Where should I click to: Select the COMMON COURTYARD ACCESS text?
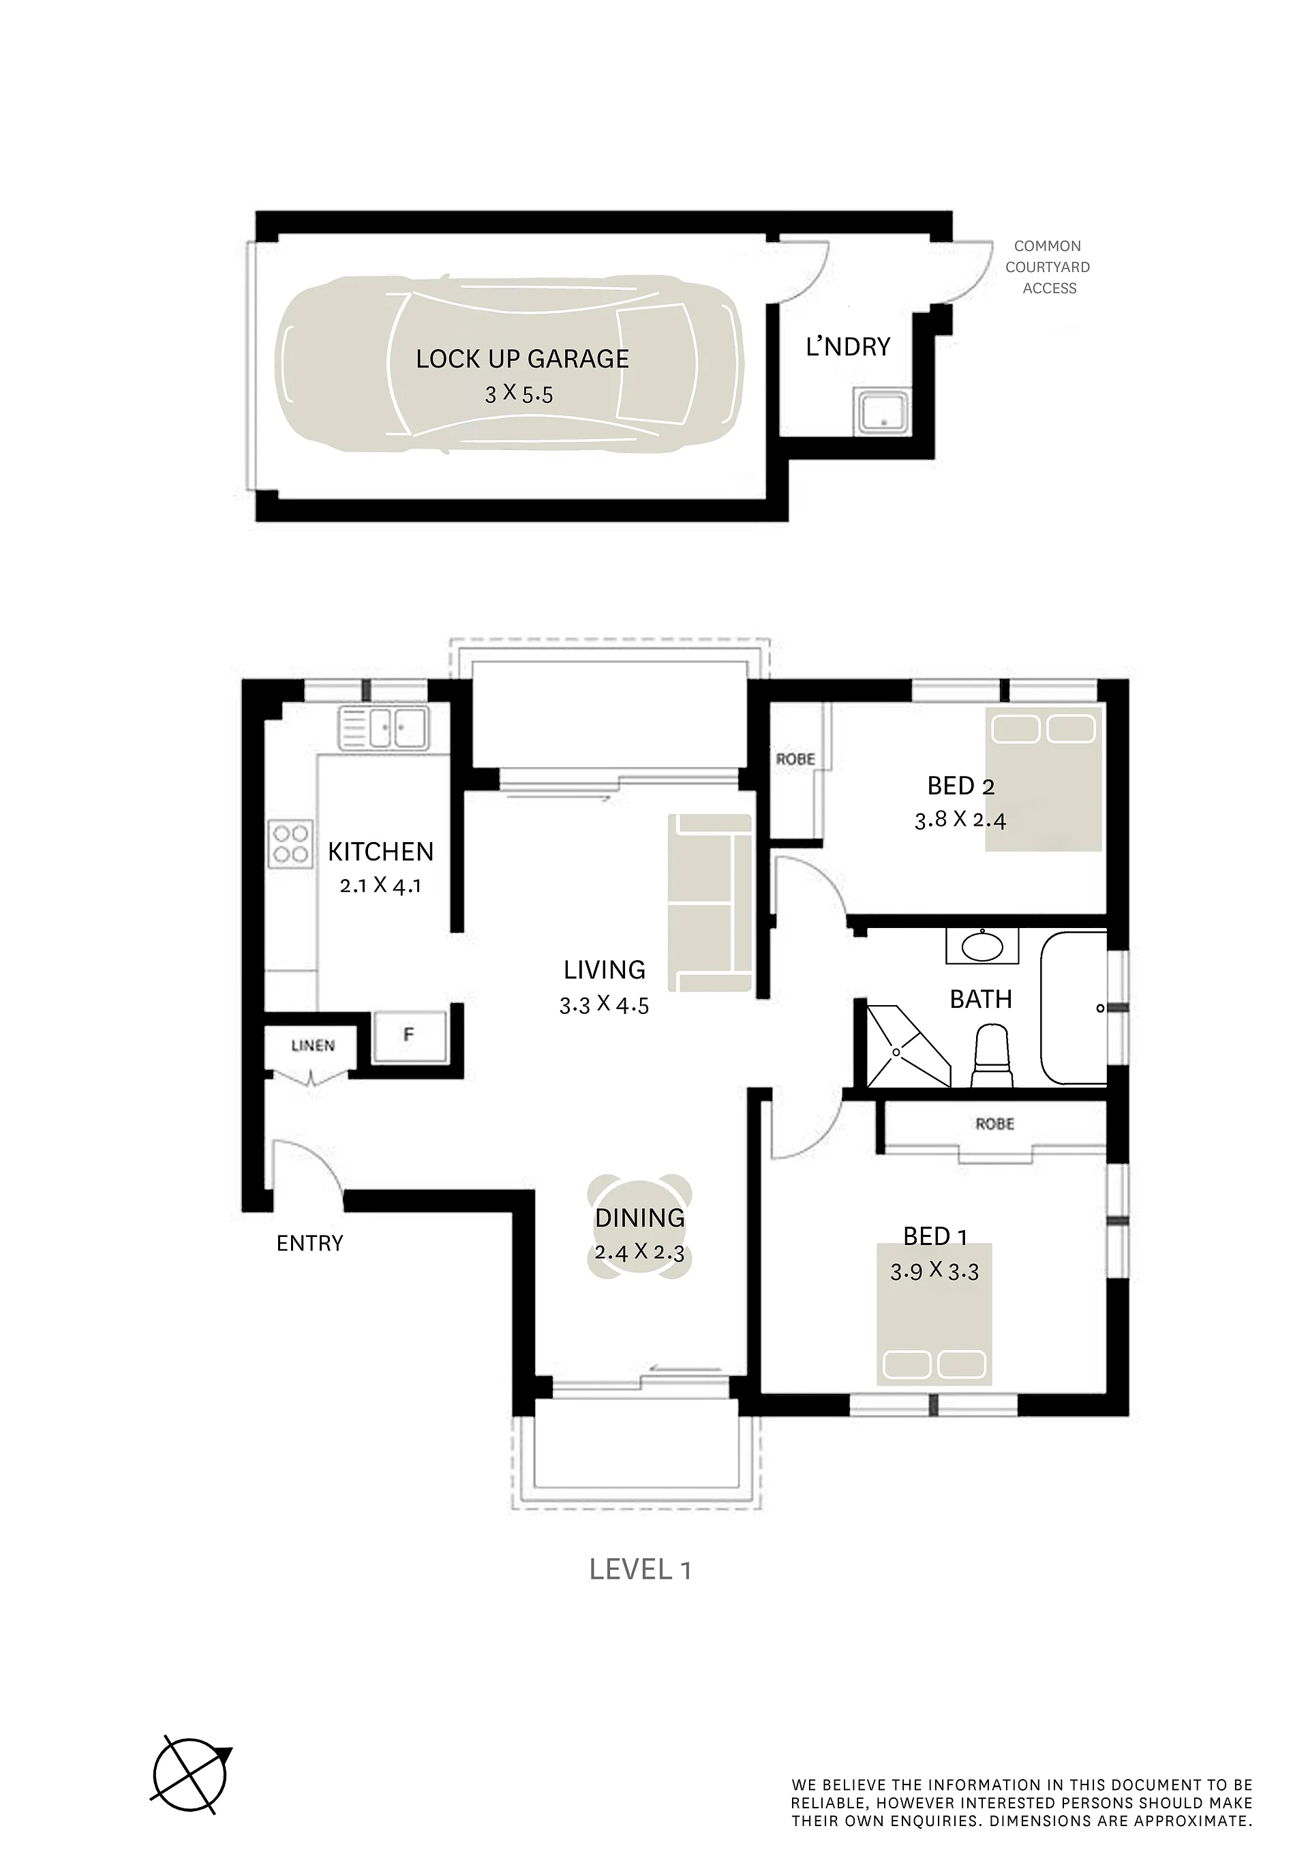tap(1048, 267)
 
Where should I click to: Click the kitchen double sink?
tap(384, 728)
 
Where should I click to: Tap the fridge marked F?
tap(409, 1036)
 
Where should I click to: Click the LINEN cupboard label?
tap(313, 1045)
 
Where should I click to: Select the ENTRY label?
tap(309, 1243)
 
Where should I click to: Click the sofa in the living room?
tap(710, 903)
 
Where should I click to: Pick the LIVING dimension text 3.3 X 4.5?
tap(604, 1005)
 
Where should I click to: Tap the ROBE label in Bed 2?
tap(796, 759)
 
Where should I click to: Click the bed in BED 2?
tap(1044, 779)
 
